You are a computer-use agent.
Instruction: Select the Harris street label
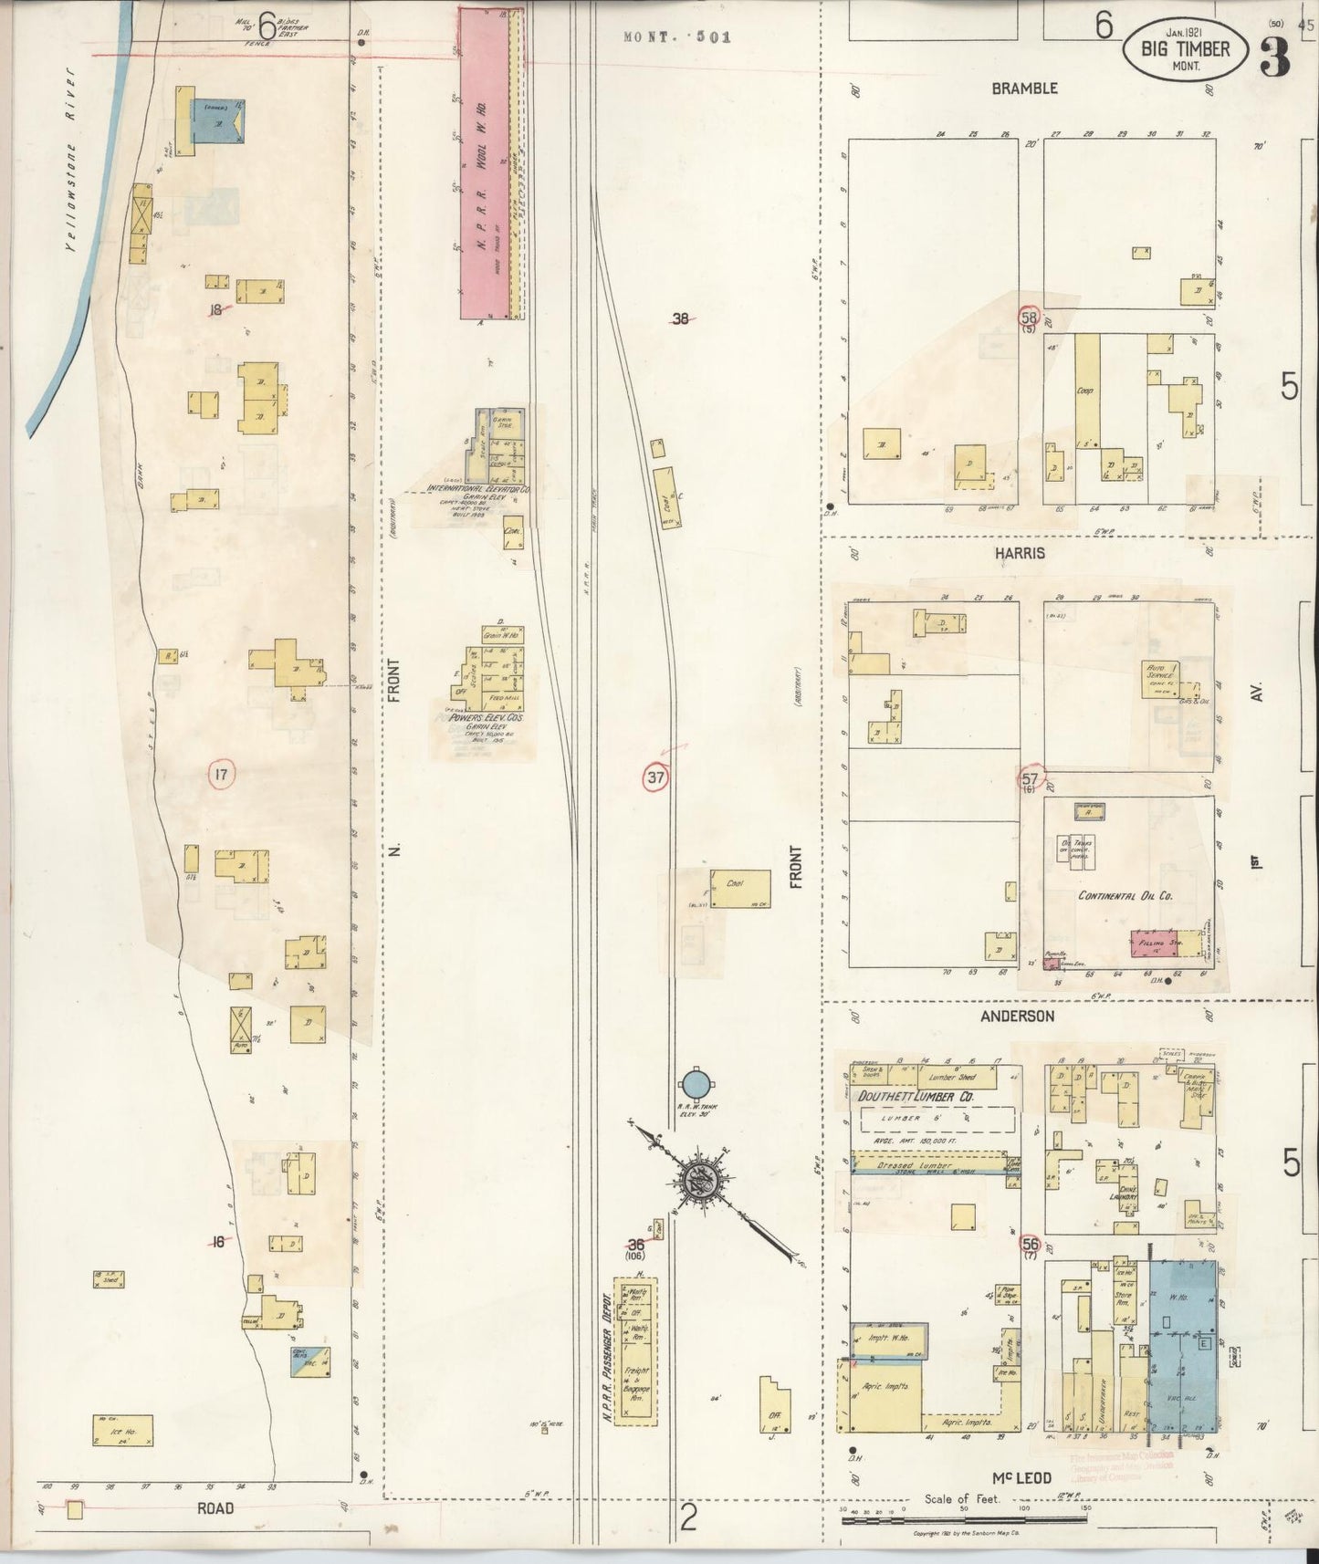(1021, 554)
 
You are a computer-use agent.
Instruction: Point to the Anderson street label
(1018, 1016)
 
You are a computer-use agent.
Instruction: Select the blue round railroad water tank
(696, 1085)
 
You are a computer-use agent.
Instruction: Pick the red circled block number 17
(221, 775)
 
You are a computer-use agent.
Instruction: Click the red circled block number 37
(656, 777)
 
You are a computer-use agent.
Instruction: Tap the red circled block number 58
(1030, 318)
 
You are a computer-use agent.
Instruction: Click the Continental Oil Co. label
(1125, 895)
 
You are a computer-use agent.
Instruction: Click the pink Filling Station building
(1154, 944)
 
